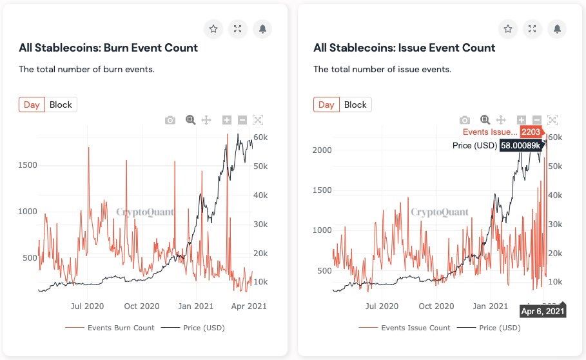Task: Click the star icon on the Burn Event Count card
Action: [x=213, y=29]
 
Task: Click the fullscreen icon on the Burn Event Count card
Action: [x=238, y=29]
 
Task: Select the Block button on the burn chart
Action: [x=61, y=105]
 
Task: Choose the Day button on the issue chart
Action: [x=326, y=105]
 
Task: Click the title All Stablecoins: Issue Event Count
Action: [x=404, y=48]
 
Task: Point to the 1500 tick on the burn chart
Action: [x=28, y=165]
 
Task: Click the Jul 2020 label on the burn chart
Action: [x=87, y=306]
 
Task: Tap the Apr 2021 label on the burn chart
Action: [x=250, y=306]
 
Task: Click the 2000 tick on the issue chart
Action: [x=322, y=150]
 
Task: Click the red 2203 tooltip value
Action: [x=531, y=132]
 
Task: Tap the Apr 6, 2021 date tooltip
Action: [x=543, y=312]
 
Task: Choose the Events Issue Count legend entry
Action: [x=415, y=328]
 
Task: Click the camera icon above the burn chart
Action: [x=170, y=120]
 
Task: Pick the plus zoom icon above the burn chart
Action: [x=226, y=120]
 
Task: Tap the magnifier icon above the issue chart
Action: [x=485, y=120]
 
